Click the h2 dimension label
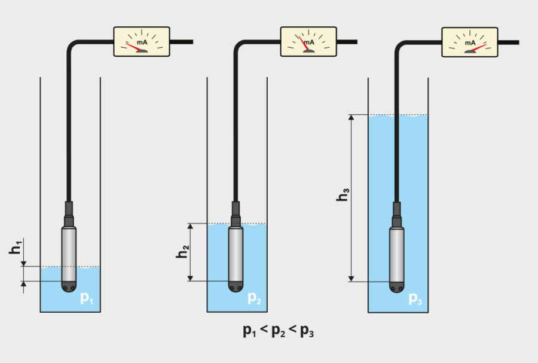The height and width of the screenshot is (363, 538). coord(182,252)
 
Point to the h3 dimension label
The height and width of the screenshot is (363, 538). coord(343,194)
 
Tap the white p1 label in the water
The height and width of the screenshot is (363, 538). coord(87,298)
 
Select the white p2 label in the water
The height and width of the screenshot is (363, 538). coord(254,298)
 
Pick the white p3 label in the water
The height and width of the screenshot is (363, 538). coord(415,298)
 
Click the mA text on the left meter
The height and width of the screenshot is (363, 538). coord(142,42)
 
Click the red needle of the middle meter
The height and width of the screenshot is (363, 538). coord(304,43)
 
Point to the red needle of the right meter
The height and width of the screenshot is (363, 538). coord(478,48)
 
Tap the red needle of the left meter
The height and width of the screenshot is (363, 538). coord(134,47)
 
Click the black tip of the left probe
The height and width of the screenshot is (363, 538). coord(69,287)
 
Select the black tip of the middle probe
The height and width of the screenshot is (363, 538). coord(236,287)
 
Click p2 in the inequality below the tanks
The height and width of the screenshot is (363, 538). coord(278,330)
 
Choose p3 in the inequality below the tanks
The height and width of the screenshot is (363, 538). coord(307,330)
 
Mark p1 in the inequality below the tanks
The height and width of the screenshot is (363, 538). coord(249,330)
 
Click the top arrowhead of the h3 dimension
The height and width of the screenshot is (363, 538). coord(351,117)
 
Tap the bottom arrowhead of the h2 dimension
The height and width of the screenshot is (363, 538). coord(191,278)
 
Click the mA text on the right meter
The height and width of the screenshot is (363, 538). coord(470,43)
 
